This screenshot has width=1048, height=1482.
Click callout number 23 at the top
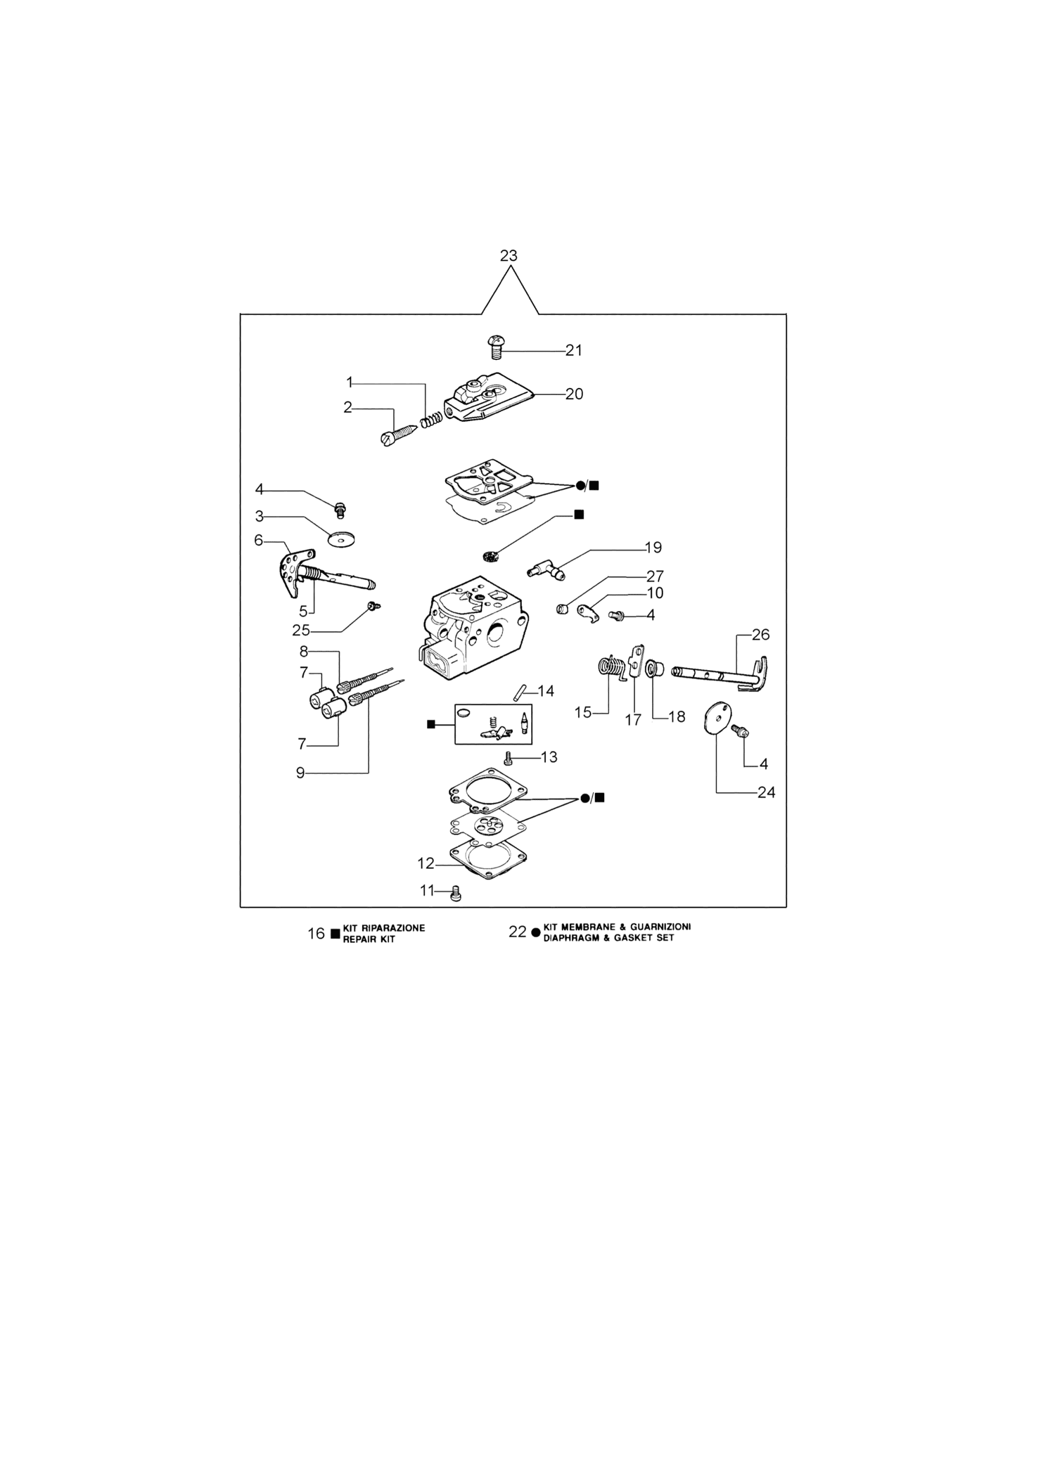click(509, 256)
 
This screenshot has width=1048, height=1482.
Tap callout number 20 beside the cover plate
click(574, 394)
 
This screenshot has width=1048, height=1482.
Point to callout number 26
click(760, 635)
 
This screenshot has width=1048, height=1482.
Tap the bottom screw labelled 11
click(455, 894)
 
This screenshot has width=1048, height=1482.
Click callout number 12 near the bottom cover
click(426, 863)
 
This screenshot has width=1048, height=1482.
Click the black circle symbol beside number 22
click(536, 933)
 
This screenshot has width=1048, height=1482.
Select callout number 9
click(300, 773)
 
